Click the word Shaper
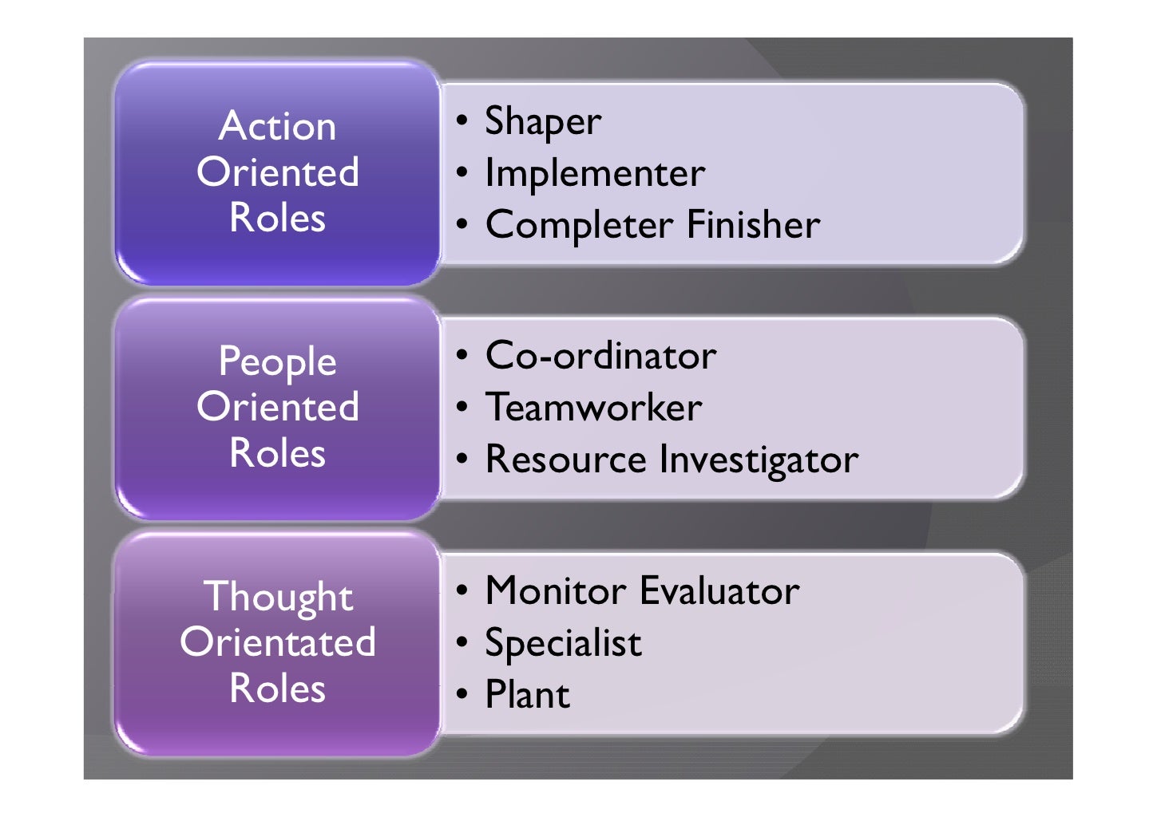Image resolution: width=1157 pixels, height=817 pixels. (x=543, y=122)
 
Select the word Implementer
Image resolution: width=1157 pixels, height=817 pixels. (x=595, y=173)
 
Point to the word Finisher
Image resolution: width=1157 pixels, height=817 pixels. (x=753, y=224)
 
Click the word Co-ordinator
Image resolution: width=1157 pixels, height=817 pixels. (x=600, y=356)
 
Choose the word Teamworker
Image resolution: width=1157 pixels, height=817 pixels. (x=594, y=408)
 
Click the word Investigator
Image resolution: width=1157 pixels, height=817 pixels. (x=759, y=460)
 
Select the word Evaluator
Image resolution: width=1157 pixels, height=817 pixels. (x=719, y=591)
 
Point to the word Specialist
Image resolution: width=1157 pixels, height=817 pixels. (x=563, y=643)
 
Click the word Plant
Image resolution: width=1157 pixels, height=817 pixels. (x=528, y=694)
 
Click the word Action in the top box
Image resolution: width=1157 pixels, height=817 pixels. (x=277, y=126)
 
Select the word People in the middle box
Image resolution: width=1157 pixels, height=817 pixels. (x=277, y=361)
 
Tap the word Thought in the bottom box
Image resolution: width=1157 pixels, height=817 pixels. (x=278, y=597)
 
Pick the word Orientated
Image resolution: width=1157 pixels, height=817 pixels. (x=278, y=642)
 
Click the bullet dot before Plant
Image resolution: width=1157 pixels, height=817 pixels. (x=462, y=693)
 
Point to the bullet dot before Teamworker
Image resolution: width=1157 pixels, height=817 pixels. (x=462, y=407)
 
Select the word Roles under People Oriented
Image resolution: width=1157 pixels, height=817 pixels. (x=277, y=453)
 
